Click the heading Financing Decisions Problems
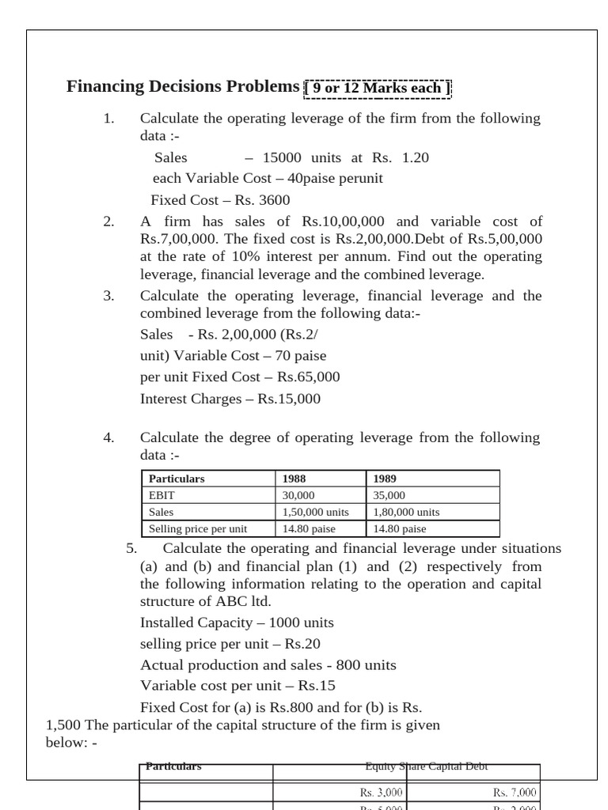click(184, 87)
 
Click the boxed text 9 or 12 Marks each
click(377, 88)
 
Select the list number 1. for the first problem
click(109, 119)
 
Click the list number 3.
click(109, 296)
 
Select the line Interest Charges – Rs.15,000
click(230, 399)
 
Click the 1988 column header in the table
click(294, 479)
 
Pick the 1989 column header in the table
click(386, 479)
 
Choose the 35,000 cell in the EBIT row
click(389, 495)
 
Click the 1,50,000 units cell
click(316, 512)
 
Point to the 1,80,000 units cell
click(406, 512)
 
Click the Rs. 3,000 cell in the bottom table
click(381, 792)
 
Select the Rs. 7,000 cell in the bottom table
click(515, 792)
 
